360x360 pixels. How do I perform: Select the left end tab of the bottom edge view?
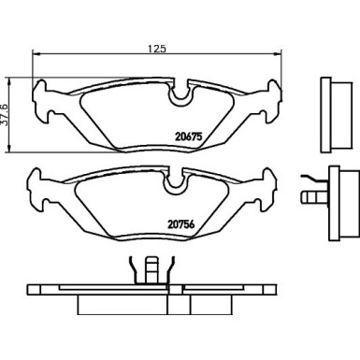[42, 292]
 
